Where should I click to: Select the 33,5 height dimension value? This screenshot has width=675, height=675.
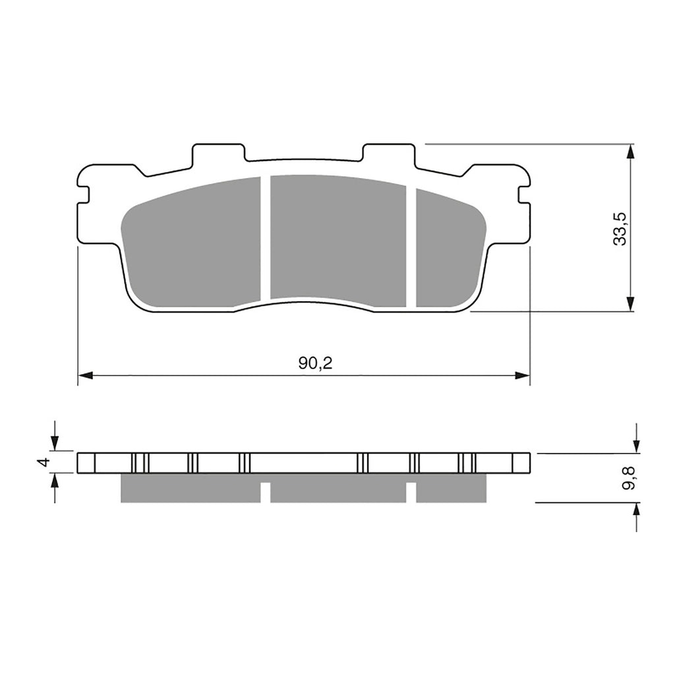[x=619, y=229]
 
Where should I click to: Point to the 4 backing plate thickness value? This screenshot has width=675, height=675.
[x=44, y=462]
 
